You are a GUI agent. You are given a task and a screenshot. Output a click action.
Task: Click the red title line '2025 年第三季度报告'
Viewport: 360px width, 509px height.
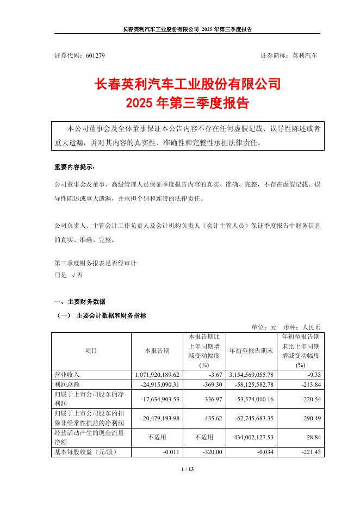coord(179,103)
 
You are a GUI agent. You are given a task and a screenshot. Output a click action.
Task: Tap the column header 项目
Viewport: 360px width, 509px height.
coord(91,351)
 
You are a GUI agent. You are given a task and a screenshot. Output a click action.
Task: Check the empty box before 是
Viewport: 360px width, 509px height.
coord(57,276)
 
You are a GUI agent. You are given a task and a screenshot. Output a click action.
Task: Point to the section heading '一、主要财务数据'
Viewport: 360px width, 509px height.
coord(80,301)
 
